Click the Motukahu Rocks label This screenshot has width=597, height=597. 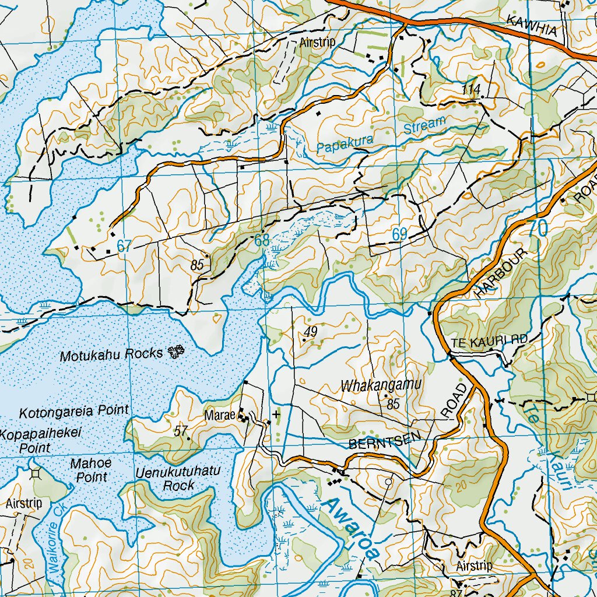click(111, 354)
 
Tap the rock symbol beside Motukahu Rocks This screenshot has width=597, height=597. click(175, 350)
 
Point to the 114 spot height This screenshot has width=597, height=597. click(471, 89)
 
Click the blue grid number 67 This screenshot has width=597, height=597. click(124, 245)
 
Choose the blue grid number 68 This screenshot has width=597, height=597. click(262, 240)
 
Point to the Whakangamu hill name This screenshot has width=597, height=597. click(381, 385)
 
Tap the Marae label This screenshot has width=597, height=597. click(220, 416)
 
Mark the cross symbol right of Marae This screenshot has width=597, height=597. click(276, 414)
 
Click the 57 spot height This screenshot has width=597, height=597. click(181, 431)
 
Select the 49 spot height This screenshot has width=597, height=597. click(310, 332)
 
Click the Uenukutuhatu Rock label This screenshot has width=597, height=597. click(178, 478)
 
